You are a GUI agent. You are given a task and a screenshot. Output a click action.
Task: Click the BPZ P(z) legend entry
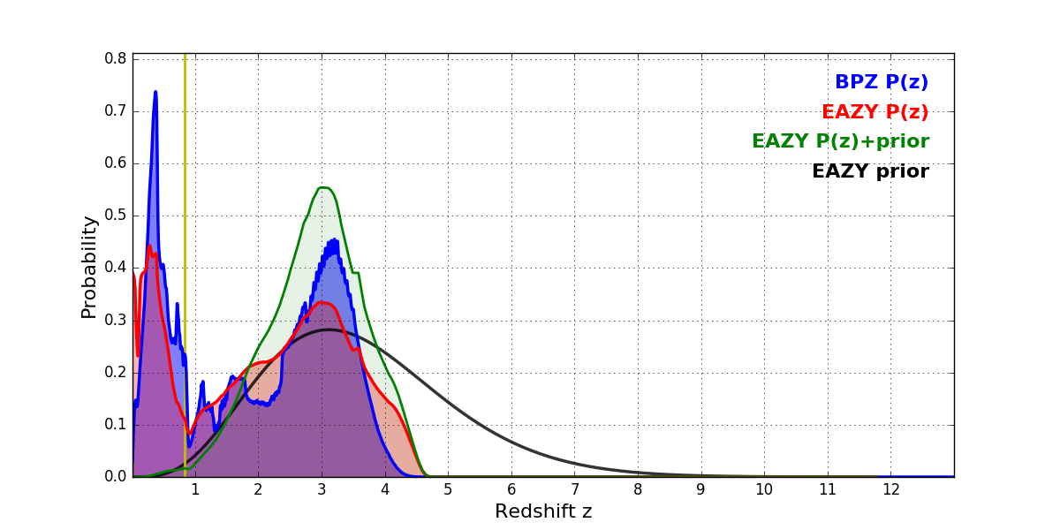[x=881, y=83]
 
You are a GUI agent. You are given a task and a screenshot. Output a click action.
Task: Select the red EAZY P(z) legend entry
[x=874, y=112]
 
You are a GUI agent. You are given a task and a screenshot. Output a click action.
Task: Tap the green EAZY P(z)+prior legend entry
[x=840, y=141]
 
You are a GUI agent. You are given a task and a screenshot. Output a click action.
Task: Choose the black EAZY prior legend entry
[x=870, y=171]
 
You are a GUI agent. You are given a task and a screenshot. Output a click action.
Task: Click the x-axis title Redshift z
[x=543, y=511]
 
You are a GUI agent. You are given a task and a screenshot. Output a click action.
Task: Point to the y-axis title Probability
[x=89, y=267]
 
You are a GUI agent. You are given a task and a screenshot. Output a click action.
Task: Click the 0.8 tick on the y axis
[x=116, y=59]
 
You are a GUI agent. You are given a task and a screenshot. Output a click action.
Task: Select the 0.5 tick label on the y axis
[x=116, y=216]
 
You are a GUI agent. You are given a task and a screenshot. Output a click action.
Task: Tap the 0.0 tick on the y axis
[x=116, y=477]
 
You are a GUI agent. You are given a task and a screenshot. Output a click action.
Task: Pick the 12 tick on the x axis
[x=890, y=489]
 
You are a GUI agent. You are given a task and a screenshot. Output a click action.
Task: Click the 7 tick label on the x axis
[x=574, y=489]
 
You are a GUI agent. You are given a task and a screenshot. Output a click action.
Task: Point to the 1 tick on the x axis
[x=195, y=489]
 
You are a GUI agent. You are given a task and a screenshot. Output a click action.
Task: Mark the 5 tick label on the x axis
[x=448, y=489]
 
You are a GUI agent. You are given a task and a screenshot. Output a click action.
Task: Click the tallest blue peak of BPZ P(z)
[x=155, y=92]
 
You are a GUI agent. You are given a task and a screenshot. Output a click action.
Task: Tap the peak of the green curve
[x=323, y=187]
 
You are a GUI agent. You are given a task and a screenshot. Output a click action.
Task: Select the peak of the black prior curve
[x=328, y=329]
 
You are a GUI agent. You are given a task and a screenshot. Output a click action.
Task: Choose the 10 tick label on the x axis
[x=764, y=489]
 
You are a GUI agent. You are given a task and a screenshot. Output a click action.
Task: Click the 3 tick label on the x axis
[x=322, y=489]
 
